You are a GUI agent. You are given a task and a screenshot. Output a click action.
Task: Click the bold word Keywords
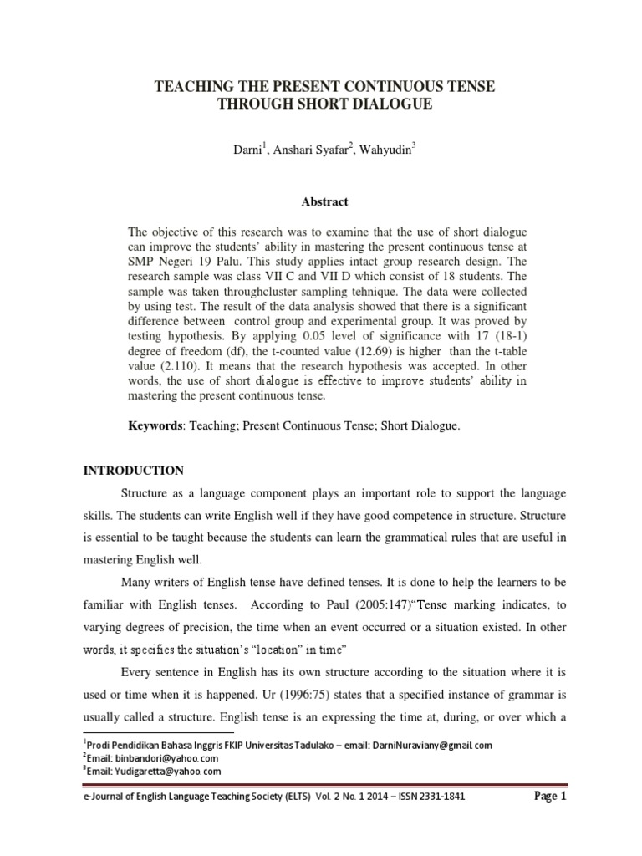coord(154,426)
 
